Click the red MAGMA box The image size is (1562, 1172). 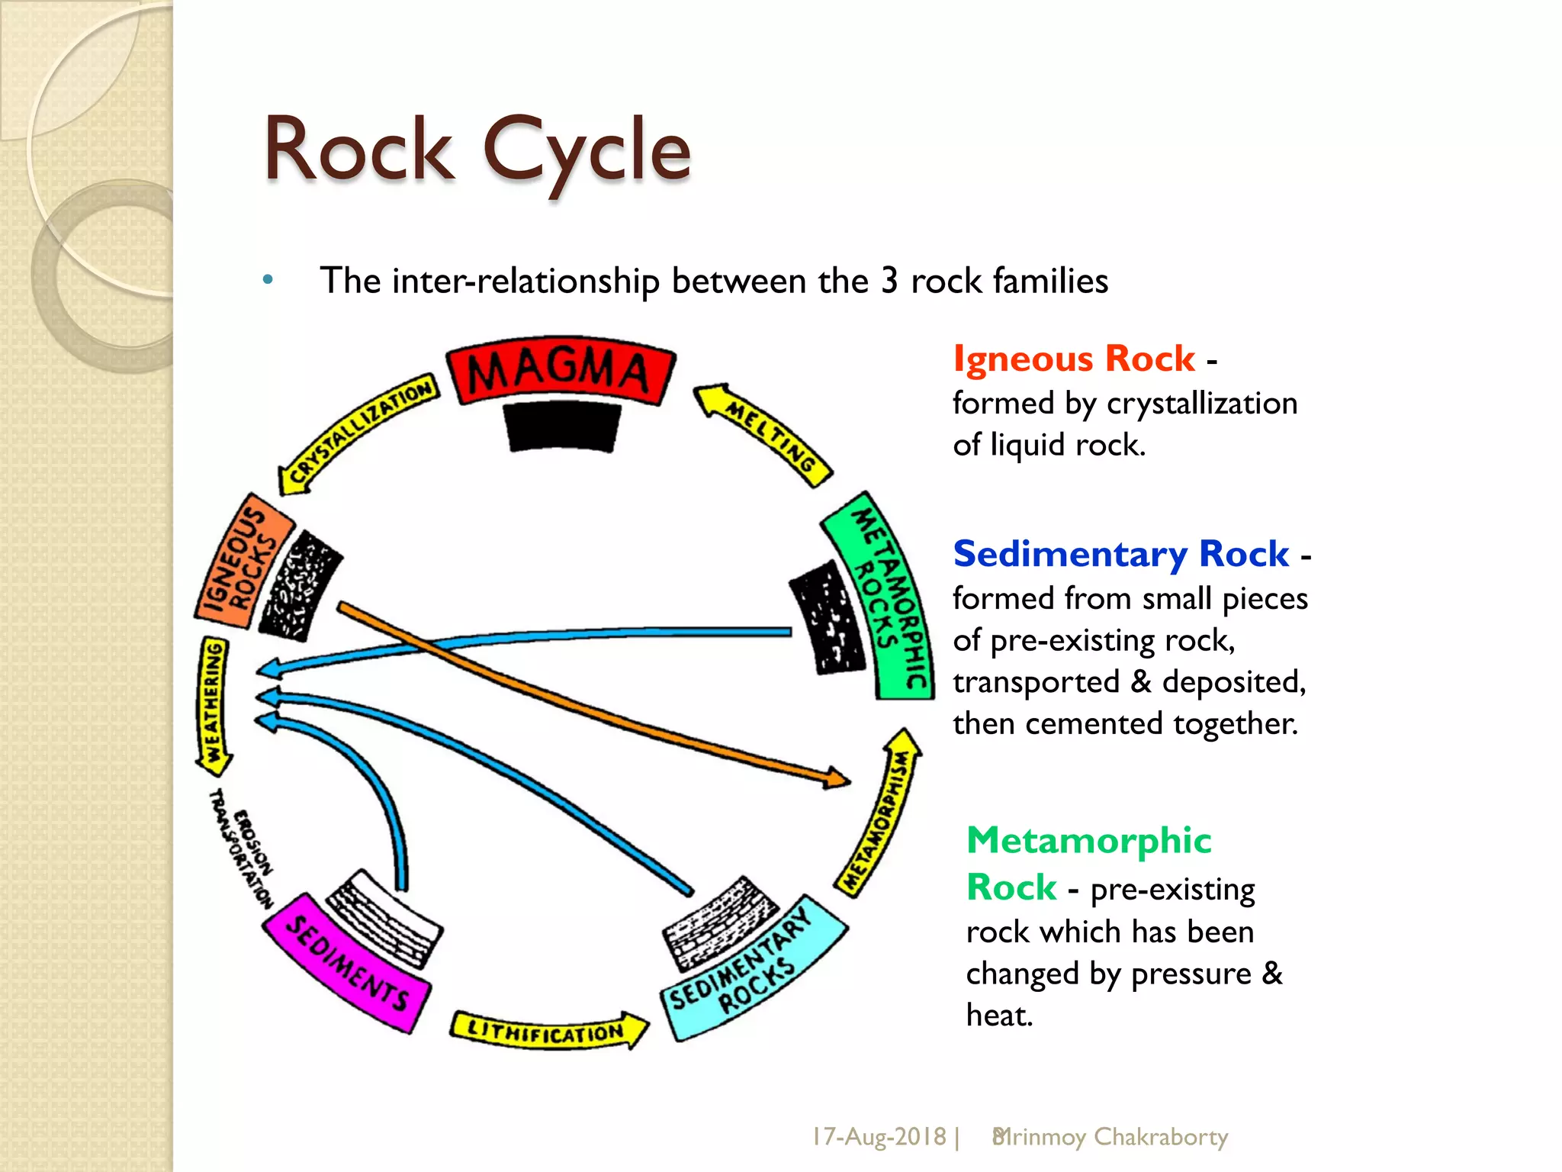pos(561,372)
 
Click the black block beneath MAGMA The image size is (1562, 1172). pos(563,427)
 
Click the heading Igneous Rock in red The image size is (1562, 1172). pos(1073,359)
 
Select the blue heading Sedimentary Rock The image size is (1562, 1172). pos(1120,553)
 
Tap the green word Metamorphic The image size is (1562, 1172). pos(1088,840)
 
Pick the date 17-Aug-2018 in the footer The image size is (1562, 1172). pos(878,1136)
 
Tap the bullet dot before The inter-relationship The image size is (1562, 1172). pos(268,280)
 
